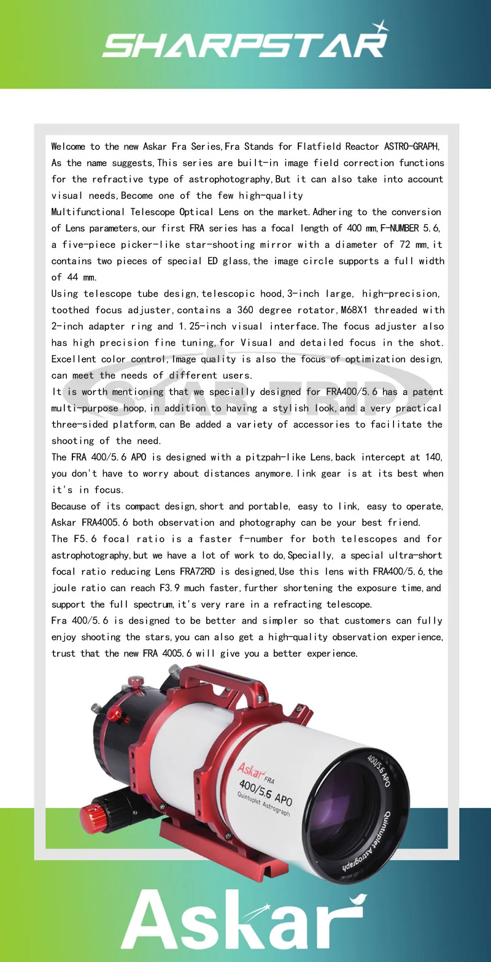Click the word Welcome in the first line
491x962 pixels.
(x=68, y=147)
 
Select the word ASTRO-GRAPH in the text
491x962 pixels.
(x=411, y=147)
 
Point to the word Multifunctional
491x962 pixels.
(x=88, y=212)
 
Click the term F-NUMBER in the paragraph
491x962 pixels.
(x=399, y=228)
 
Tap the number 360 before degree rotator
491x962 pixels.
(x=245, y=310)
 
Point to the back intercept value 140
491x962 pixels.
(x=433, y=457)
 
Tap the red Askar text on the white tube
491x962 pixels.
(x=252, y=771)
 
